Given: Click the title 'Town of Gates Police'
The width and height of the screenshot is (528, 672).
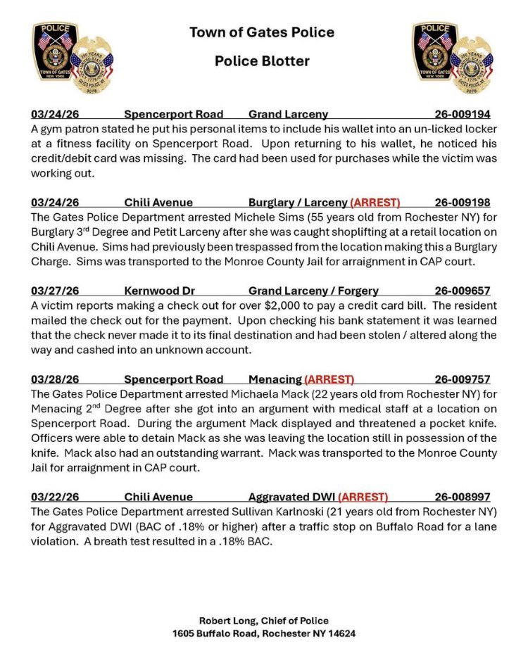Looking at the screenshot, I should point(262,32).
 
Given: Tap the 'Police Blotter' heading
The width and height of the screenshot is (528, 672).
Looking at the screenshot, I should point(262,61).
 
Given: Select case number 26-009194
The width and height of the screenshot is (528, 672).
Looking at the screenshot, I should point(463,114).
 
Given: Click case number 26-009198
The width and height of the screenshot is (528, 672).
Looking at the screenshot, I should point(463,203).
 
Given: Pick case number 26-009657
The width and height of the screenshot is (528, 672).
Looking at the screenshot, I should point(463,291).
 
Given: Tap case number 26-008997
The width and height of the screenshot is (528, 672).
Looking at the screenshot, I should point(463,497).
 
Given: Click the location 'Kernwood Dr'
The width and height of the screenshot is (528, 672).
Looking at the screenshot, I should point(154,291).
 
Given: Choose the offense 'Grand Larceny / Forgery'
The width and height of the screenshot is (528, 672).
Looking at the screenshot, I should point(313,291).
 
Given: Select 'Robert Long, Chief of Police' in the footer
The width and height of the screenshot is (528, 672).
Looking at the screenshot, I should point(263,621).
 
